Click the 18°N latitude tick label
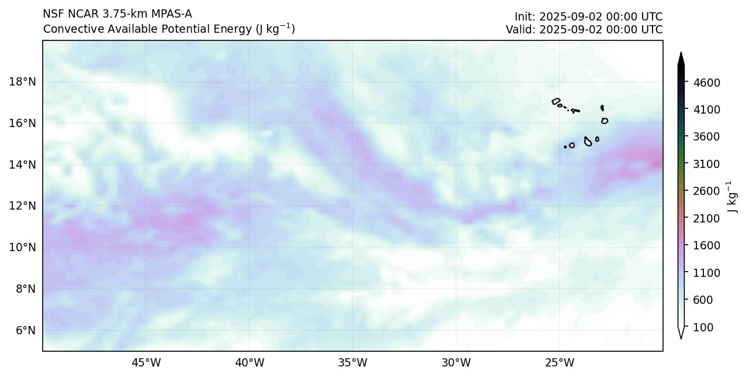(x=22, y=81)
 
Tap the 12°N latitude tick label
(x=22, y=206)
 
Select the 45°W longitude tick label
(x=146, y=363)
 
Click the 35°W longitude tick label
(x=353, y=363)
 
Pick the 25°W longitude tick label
(x=560, y=363)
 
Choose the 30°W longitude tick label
(x=456, y=363)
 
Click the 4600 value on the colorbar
(x=706, y=83)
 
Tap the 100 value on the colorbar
(x=703, y=327)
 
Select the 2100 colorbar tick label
(x=706, y=218)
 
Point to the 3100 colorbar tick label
(x=706, y=164)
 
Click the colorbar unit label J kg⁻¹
(x=730, y=197)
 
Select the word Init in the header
(x=524, y=16)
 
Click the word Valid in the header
(x=520, y=29)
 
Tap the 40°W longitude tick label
(x=249, y=363)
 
